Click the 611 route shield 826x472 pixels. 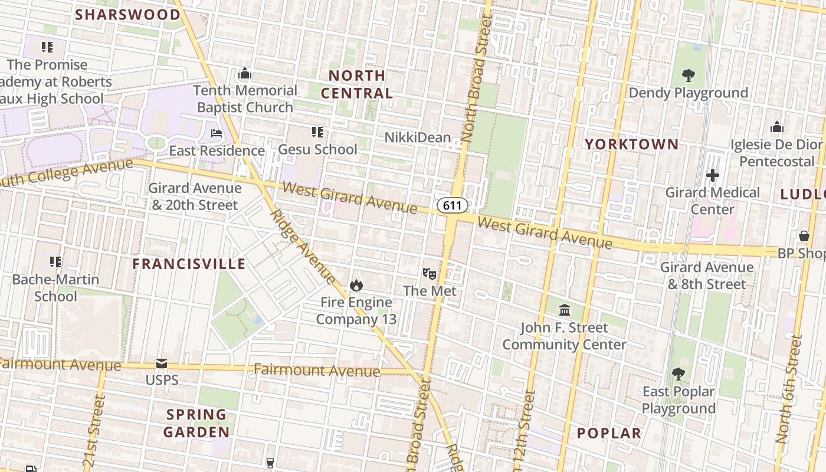(453, 205)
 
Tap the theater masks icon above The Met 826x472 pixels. (430, 273)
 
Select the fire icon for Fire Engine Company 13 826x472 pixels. (356, 286)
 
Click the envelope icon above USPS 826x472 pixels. (162, 363)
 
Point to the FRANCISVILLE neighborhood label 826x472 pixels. (189, 264)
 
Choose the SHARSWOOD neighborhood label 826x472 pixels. (128, 14)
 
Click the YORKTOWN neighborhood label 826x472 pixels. (631, 144)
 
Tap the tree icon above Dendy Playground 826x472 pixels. (688, 76)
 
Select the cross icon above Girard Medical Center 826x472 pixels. (713, 175)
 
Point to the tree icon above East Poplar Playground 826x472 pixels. (678, 374)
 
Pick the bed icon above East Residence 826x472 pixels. (217, 133)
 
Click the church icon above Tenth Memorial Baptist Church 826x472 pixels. (244, 74)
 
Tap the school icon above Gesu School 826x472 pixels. (317, 132)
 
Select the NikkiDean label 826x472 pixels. (418, 137)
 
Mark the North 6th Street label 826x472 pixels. (790, 389)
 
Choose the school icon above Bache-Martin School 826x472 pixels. (55, 261)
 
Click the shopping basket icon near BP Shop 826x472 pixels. (804, 236)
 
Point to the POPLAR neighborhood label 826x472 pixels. (609, 433)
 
